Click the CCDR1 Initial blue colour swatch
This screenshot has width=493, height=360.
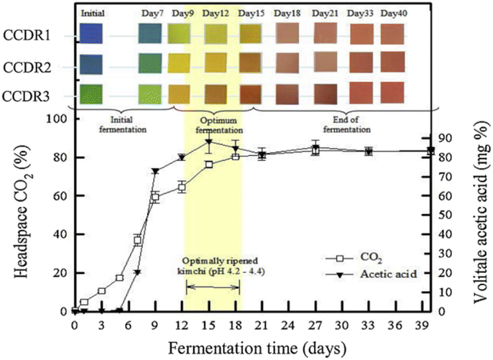pos(92,34)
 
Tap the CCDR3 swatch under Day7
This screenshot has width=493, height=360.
pos(151,93)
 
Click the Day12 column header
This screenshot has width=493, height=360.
pos(216,13)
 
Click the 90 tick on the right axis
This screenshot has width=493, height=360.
pos(446,138)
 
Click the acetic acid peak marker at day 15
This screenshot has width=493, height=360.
pos(208,142)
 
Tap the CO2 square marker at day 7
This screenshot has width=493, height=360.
pos(138,240)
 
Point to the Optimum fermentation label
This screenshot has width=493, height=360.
pos(213,125)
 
